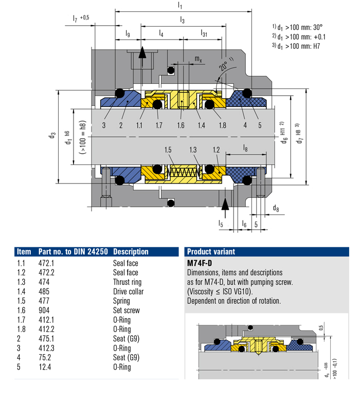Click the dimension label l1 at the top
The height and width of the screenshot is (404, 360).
tap(179, 5)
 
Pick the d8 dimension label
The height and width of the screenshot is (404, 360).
tap(276, 208)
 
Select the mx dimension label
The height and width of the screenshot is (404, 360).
tap(197, 60)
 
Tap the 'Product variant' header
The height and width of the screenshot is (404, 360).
tap(211, 252)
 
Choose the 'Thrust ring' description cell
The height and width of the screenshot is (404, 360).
tap(127, 282)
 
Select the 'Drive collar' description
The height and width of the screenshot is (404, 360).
tap(129, 291)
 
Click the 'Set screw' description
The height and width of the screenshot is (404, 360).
tap(126, 310)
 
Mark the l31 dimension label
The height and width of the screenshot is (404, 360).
tap(204, 34)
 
